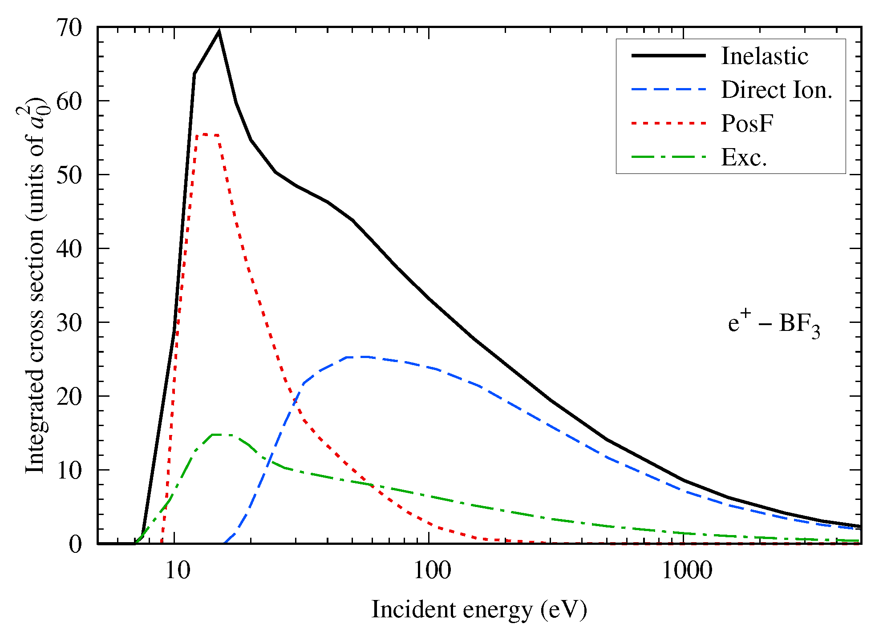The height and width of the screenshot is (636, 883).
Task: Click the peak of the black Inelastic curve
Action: (x=219, y=32)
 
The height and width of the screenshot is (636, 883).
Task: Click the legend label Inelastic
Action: (x=764, y=56)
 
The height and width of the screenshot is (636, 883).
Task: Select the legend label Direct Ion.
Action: (x=776, y=90)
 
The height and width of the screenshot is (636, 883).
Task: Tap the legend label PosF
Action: (x=747, y=123)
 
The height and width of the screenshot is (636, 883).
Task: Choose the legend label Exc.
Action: (x=744, y=157)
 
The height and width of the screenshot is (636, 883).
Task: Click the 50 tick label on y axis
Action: (x=69, y=175)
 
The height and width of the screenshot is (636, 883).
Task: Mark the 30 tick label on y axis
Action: (x=69, y=323)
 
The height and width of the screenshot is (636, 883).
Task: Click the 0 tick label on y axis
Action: (x=75, y=544)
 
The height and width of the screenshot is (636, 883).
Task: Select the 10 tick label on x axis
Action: (x=178, y=570)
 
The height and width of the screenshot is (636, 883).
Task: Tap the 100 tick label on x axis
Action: (x=432, y=570)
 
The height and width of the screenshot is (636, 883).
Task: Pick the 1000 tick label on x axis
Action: (x=687, y=570)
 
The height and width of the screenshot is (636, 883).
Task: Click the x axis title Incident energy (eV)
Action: (x=479, y=609)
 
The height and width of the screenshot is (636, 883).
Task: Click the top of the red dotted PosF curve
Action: (x=204, y=134)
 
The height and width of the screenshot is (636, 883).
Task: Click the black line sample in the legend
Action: (x=668, y=56)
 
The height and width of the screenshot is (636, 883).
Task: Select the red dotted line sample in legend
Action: (x=668, y=123)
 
